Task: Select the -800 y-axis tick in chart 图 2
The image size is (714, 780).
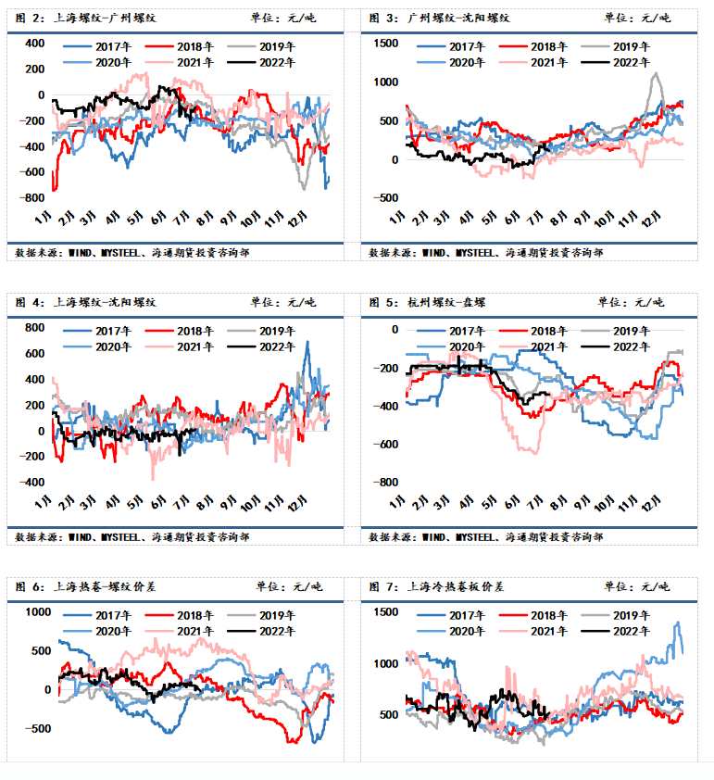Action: click(x=33, y=198)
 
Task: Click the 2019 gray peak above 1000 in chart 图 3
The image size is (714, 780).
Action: click(x=656, y=74)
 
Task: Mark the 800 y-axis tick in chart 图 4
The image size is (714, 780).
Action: click(x=34, y=328)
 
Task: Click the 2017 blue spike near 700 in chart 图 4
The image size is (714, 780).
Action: click(x=307, y=343)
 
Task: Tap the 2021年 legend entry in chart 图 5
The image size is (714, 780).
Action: click(x=547, y=346)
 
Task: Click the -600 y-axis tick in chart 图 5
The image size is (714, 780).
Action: click(x=385, y=445)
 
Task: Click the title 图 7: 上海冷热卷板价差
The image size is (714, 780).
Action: click(x=436, y=586)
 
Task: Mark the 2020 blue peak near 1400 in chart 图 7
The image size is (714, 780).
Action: click(x=677, y=623)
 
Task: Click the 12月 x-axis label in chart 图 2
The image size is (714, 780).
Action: click(x=298, y=219)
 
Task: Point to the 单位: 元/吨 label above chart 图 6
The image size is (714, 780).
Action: click(x=288, y=586)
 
